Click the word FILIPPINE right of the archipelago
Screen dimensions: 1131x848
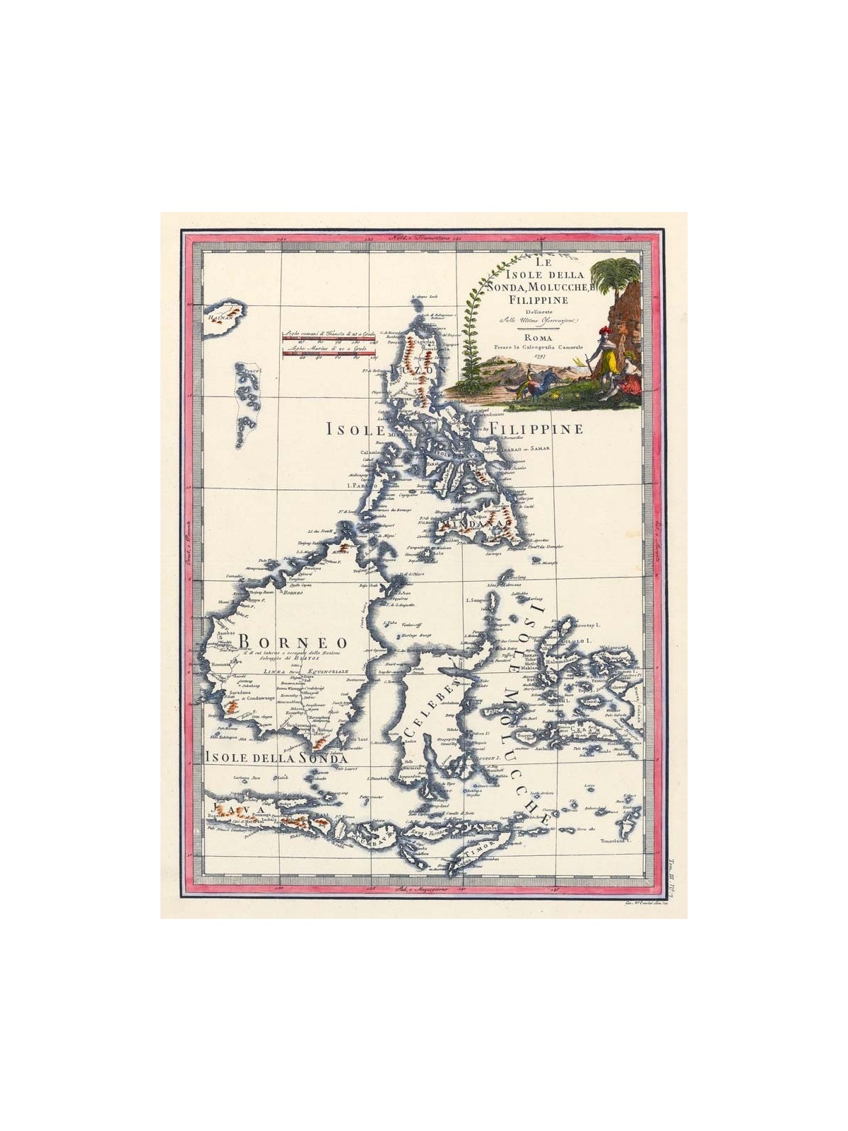tap(536, 429)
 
